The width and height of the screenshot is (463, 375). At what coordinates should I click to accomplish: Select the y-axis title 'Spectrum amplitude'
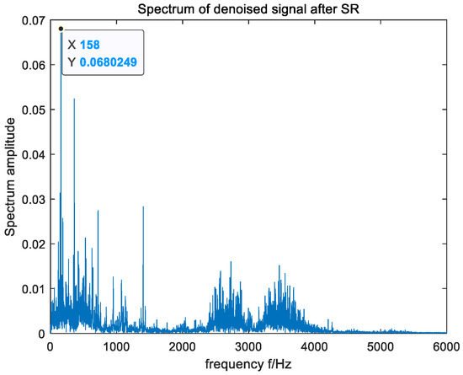pyautogui.click(x=9, y=177)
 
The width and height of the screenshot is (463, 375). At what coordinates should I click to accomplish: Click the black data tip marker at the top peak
pyautogui.click(x=61, y=29)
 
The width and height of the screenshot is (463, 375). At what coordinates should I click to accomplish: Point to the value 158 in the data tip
pyautogui.click(x=91, y=46)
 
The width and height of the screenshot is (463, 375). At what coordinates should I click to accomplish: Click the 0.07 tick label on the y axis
pyautogui.click(x=32, y=21)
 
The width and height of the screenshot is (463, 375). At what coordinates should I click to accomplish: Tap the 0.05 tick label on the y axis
pyautogui.click(x=32, y=110)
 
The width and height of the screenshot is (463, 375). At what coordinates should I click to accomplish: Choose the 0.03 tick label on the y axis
pyautogui.click(x=32, y=200)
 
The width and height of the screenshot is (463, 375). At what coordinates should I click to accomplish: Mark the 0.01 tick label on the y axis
pyautogui.click(x=32, y=289)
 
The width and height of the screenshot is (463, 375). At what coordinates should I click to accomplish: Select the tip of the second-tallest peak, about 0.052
pyautogui.click(x=74, y=99)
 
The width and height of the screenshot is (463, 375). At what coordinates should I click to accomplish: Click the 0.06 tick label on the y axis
pyautogui.click(x=32, y=66)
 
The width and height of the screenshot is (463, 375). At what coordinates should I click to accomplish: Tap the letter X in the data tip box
pyautogui.click(x=71, y=46)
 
